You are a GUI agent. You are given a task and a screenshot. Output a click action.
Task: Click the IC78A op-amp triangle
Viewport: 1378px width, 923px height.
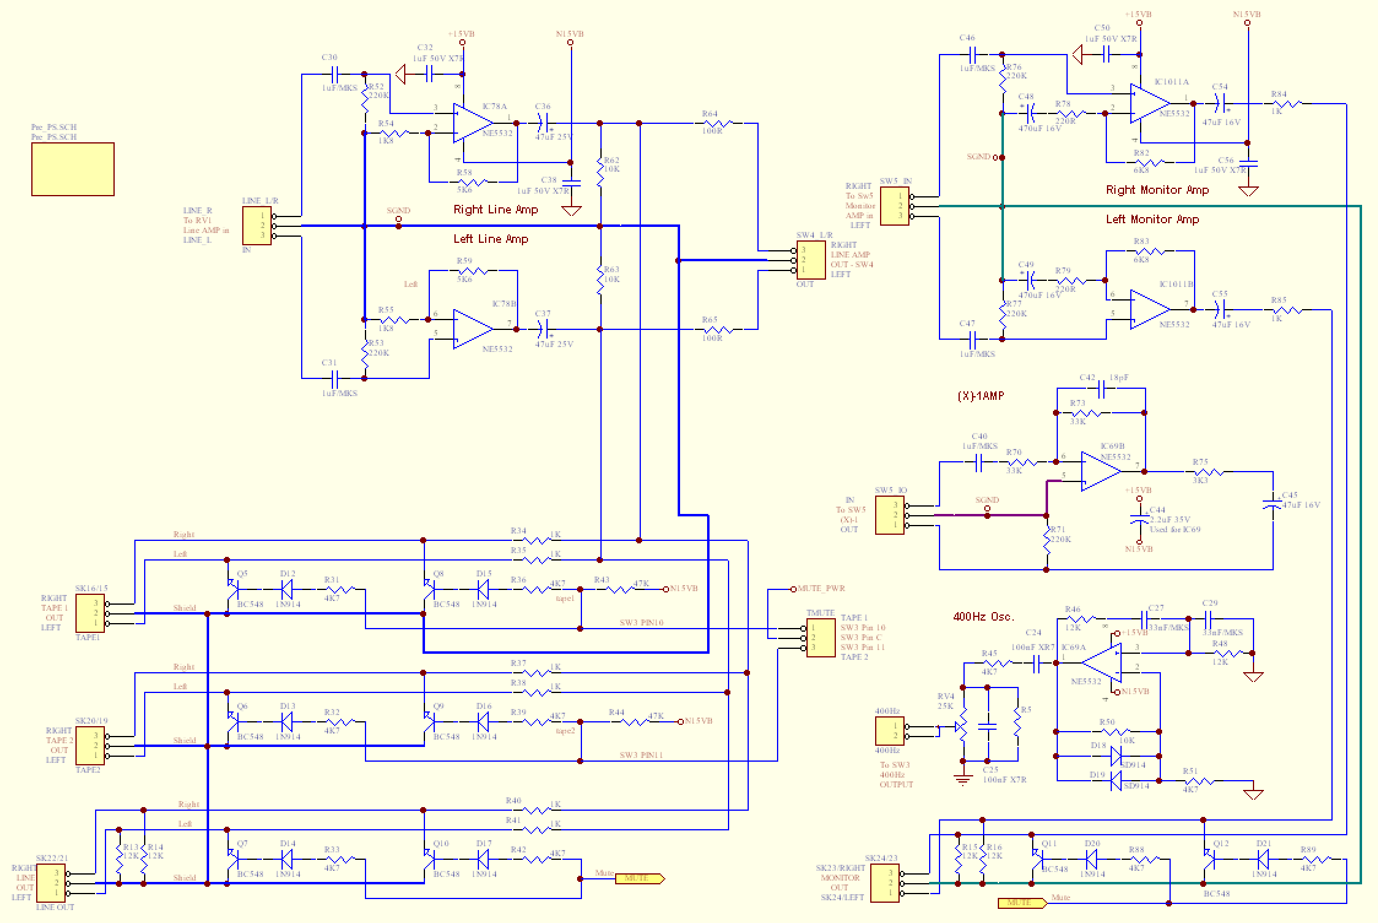coord(471,123)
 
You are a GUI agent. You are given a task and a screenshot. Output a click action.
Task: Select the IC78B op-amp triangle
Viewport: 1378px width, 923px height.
coord(471,329)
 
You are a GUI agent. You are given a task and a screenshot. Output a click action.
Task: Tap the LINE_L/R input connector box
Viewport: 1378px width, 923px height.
coord(257,226)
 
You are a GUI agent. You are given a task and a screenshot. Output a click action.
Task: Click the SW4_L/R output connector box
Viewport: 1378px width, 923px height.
coord(811,260)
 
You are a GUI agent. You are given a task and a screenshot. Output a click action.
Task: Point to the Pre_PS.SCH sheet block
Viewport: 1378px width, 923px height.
coord(73,169)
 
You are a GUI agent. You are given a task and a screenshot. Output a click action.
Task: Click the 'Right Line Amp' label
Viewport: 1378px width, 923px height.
coord(496,210)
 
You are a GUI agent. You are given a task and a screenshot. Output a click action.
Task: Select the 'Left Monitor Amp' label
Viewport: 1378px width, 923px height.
coord(1152,220)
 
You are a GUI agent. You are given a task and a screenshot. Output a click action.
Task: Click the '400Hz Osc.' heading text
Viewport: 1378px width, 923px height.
coord(984,616)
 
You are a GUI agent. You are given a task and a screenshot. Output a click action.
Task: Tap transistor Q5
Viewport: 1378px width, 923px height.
coord(234,589)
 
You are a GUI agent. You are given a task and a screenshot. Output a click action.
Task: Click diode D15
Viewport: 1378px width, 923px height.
coord(483,589)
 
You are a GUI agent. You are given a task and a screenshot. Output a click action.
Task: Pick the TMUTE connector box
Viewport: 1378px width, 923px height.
coord(821,638)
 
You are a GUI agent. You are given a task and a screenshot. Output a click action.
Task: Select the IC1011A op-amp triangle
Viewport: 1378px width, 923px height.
coord(1149,104)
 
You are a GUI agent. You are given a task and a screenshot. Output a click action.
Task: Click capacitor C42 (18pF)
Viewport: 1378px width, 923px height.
coord(1101,389)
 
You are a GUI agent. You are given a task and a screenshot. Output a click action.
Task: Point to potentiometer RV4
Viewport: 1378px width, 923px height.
coord(962,727)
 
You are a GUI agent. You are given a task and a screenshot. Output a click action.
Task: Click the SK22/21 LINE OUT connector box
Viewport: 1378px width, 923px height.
coord(52,883)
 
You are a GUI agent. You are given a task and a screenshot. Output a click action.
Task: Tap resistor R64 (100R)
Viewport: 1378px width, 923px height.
coord(718,123)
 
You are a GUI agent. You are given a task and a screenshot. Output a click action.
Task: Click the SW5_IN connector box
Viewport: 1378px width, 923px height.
coord(894,206)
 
